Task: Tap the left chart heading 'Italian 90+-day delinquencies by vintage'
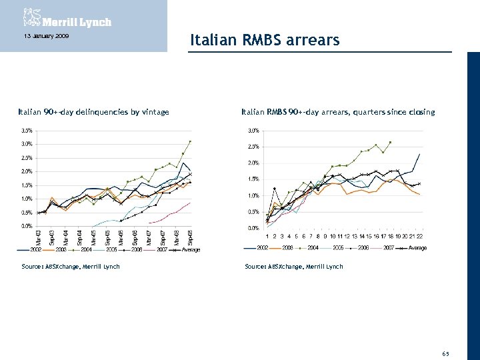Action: click(93, 112)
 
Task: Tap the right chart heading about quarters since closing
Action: click(338, 112)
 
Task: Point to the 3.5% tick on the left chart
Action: click(27, 130)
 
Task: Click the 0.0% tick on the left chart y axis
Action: click(27, 226)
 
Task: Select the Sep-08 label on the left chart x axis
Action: click(191, 237)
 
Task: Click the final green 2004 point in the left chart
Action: click(190, 141)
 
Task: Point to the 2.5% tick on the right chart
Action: click(254, 147)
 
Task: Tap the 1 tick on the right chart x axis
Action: click(267, 236)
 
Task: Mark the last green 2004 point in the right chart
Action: click(390, 142)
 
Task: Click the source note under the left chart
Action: click(69, 267)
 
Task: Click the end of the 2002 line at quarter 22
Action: click(419, 154)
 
